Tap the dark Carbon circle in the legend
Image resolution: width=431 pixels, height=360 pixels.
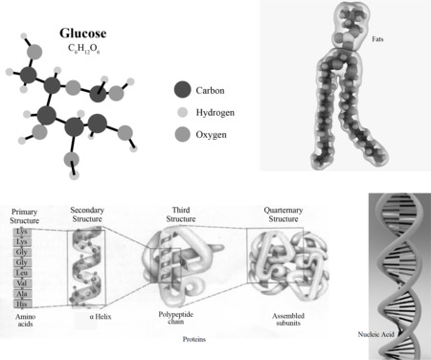[182, 91]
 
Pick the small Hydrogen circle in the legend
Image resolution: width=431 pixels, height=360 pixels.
[182, 112]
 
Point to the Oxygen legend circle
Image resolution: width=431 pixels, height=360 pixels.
[182, 134]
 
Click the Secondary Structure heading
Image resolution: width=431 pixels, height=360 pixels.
[93, 214]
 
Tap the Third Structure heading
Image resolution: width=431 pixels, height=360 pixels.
[179, 214]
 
